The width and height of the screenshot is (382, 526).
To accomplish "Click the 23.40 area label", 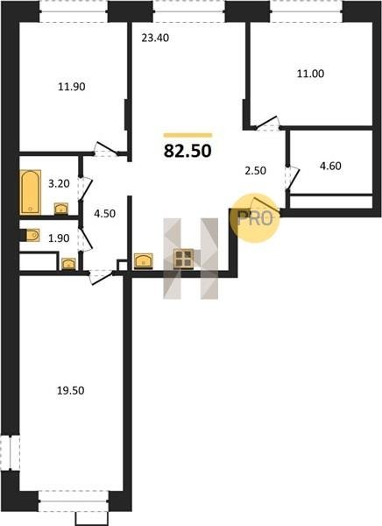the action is (155, 39).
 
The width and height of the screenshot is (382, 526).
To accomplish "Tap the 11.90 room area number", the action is (72, 87).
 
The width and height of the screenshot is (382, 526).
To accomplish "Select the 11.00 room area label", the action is (310, 74).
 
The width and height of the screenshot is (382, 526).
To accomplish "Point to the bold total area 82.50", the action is (187, 151).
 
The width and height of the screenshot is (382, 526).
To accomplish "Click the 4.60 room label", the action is (330, 166).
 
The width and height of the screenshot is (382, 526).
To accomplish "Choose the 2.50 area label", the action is (256, 171).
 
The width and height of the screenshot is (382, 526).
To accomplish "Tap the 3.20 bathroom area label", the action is (59, 184).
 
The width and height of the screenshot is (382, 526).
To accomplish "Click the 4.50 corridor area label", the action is (104, 214).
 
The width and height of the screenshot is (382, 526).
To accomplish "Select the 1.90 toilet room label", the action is (59, 238).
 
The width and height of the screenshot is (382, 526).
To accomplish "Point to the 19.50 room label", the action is (70, 391).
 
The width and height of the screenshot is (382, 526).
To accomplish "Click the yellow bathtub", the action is (31, 192).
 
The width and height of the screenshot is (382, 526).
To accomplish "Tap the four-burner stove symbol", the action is (183, 259).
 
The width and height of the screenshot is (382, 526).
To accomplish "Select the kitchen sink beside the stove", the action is (144, 261).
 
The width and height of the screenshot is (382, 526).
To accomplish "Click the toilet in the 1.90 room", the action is (30, 235).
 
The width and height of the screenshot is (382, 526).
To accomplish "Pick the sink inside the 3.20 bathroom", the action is (61, 209).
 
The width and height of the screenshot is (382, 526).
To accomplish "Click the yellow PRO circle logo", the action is (255, 218).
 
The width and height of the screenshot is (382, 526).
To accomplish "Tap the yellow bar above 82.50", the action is (187, 136).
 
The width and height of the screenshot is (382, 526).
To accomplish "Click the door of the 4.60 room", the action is (292, 178).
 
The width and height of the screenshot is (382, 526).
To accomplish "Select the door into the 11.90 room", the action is (106, 149).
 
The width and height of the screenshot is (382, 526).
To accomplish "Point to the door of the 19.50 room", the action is (101, 277).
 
